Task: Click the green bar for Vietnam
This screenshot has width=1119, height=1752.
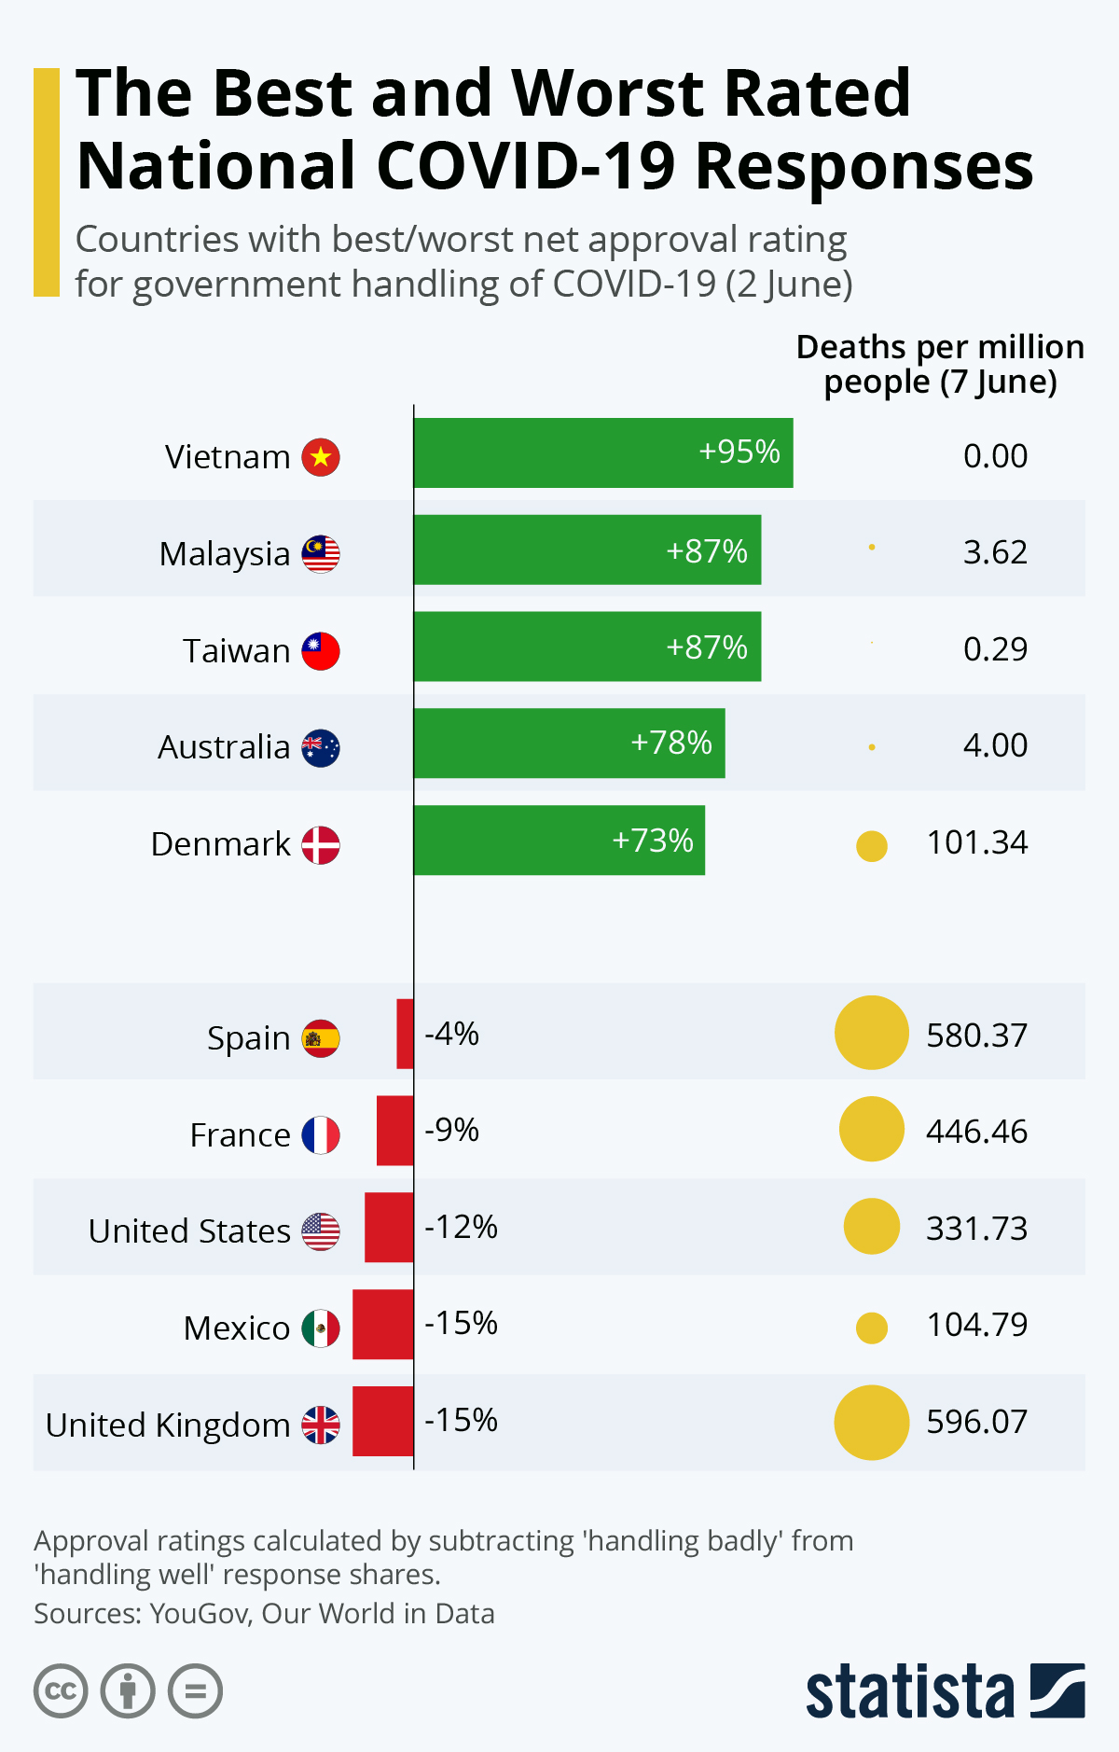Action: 603,453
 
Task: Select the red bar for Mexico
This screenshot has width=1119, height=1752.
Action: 383,1325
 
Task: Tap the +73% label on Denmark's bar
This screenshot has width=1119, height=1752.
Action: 653,841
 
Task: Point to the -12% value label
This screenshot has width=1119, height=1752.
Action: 461,1227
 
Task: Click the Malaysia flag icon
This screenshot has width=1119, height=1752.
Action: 321,554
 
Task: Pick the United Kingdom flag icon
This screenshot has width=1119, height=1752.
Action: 321,1425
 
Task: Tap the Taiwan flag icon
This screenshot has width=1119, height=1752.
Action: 321,651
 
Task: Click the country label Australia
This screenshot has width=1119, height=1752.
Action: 224,747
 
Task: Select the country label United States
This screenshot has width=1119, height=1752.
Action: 189,1231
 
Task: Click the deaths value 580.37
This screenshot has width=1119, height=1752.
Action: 976,1036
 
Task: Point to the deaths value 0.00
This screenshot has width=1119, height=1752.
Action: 995,456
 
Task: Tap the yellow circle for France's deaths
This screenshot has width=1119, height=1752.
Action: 872,1130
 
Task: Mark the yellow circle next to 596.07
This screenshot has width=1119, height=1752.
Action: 872,1423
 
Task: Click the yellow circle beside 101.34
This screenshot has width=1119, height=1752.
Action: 872,846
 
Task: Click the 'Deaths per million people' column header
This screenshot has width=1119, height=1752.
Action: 940,364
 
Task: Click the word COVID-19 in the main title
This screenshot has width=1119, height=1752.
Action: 525,166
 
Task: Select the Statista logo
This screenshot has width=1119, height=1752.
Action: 945,1690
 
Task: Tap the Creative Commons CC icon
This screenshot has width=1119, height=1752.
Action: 61,1691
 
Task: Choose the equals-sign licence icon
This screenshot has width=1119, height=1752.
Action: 195,1691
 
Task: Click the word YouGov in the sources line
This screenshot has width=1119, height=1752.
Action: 200,1613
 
